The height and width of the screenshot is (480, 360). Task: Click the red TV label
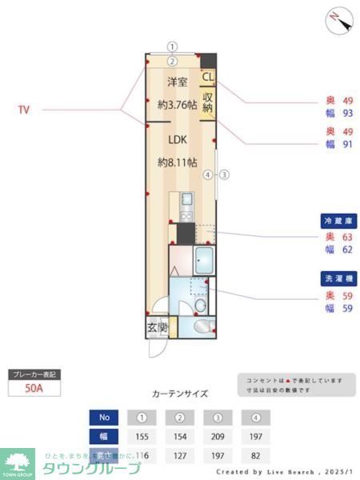pyautogui.click(x=24, y=110)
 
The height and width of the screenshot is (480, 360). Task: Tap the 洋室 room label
pyautogui.click(x=178, y=82)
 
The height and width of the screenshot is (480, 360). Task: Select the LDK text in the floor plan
pyautogui.click(x=178, y=139)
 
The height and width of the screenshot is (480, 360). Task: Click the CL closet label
pyautogui.click(x=207, y=78)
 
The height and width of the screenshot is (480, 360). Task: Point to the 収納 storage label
pyautogui.click(x=207, y=102)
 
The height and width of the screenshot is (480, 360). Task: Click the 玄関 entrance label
pyautogui.click(x=156, y=327)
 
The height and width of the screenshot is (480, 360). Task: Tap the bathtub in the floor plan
pyautogui.click(x=202, y=260)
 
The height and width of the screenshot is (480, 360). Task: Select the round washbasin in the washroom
pyautogui.click(x=200, y=306)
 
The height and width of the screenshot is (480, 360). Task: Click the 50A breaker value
pyautogui.click(x=34, y=390)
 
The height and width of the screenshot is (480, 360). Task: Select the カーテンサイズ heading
pyautogui.click(x=180, y=394)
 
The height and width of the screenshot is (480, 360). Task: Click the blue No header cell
pyautogui.click(x=103, y=418)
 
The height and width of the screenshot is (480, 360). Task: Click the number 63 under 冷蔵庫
pyautogui.click(x=347, y=237)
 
